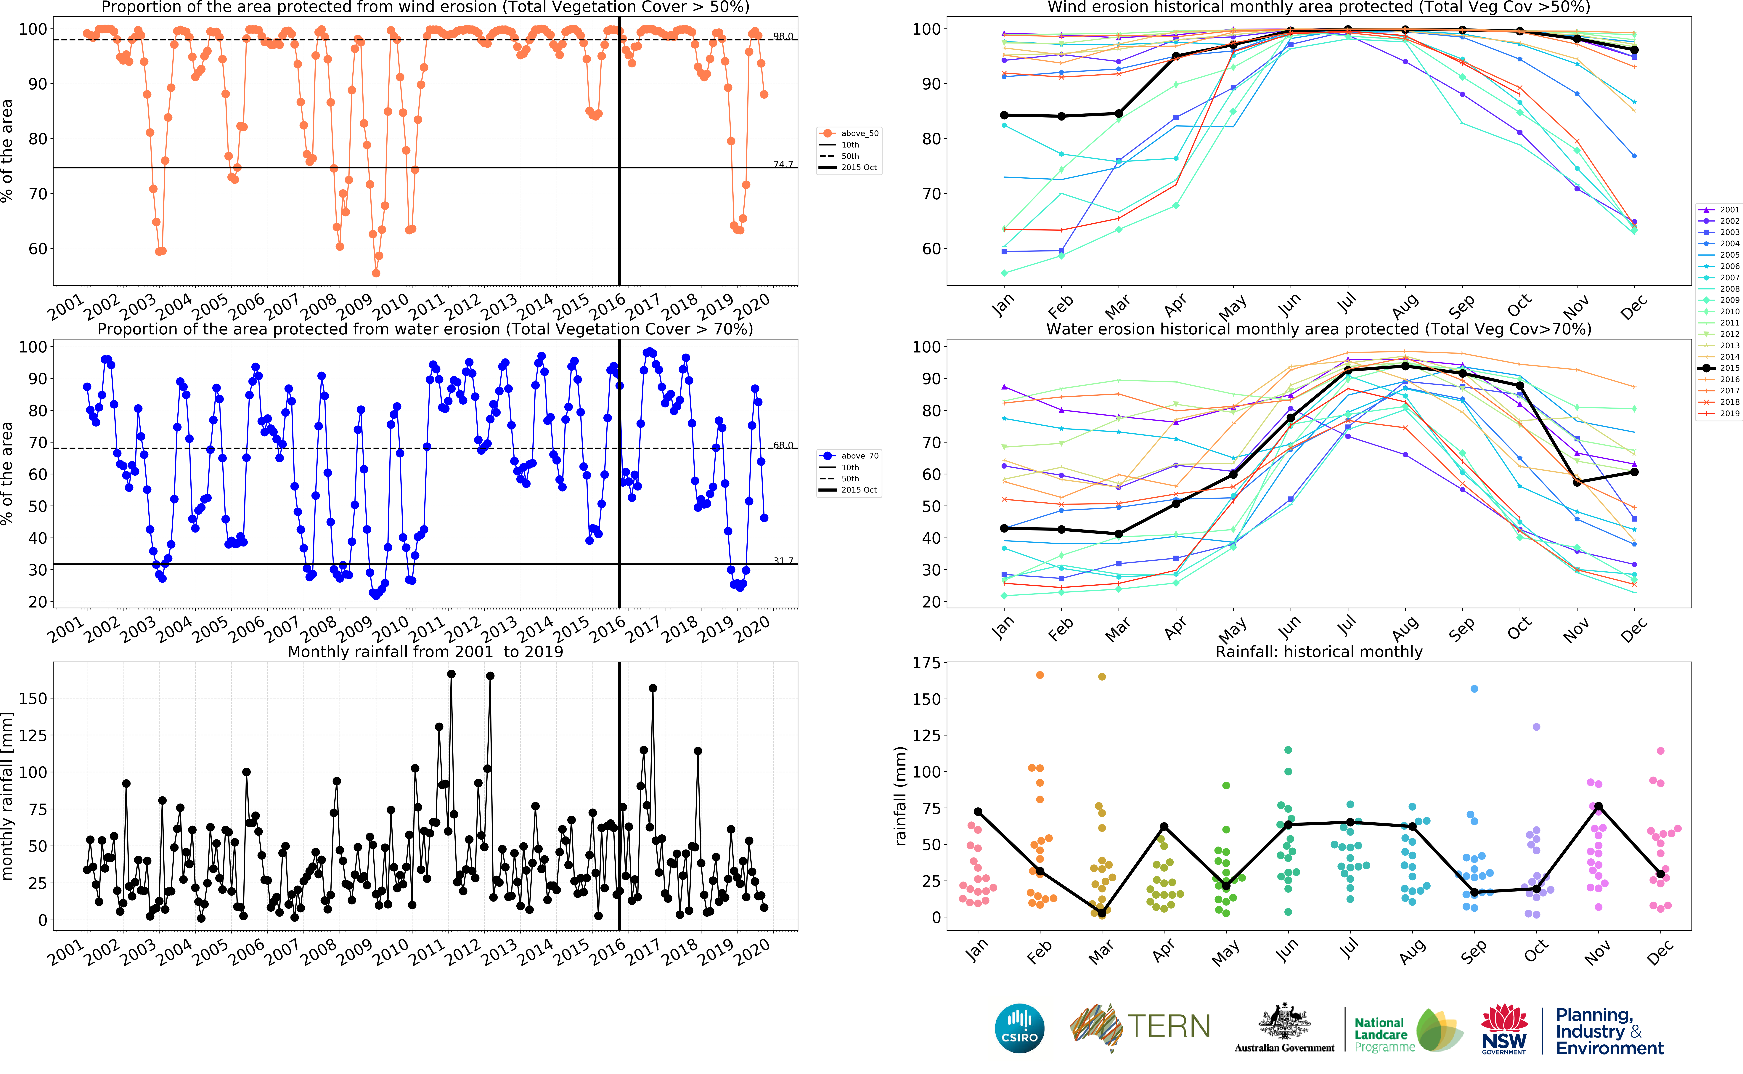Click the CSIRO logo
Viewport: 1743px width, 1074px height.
pos(1020,1028)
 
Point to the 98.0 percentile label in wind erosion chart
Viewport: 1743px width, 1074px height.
pos(783,36)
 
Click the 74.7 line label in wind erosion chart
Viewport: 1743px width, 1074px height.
pos(783,164)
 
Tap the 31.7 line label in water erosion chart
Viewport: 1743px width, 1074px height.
pos(783,560)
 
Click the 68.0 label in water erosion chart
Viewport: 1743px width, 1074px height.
pos(783,445)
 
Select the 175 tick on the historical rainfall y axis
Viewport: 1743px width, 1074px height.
pos(926,663)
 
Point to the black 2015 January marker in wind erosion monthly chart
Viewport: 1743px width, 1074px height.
pos(1004,115)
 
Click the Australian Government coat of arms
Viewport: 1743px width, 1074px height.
pos(1284,1023)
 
